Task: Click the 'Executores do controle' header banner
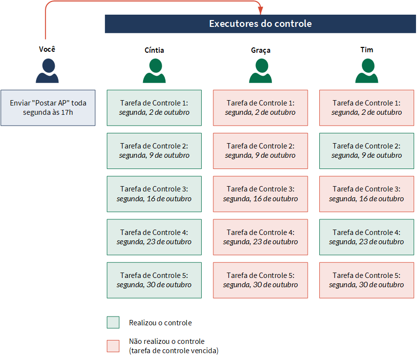(260, 23)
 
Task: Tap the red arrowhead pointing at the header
(261, 11)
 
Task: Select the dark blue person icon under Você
(47, 71)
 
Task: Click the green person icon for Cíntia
(154, 71)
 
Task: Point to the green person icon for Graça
(260, 71)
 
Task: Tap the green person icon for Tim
(367, 71)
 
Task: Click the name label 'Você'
(47, 49)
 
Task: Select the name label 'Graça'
(261, 50)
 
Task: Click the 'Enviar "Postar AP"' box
(48, 108)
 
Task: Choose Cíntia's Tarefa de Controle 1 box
(154, 108)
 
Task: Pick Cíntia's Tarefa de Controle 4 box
(154, 237)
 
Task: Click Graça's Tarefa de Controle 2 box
(260, 151)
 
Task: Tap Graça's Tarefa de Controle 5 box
(260, 280)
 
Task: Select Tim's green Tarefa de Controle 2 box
(367, 151)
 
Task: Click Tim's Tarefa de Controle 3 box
(367, 194)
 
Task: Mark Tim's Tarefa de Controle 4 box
(367, 237)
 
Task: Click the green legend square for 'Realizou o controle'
(113, 322)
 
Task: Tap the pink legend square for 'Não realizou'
(113, 346)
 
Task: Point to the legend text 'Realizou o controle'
(160, 323)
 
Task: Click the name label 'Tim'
(367, 50)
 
